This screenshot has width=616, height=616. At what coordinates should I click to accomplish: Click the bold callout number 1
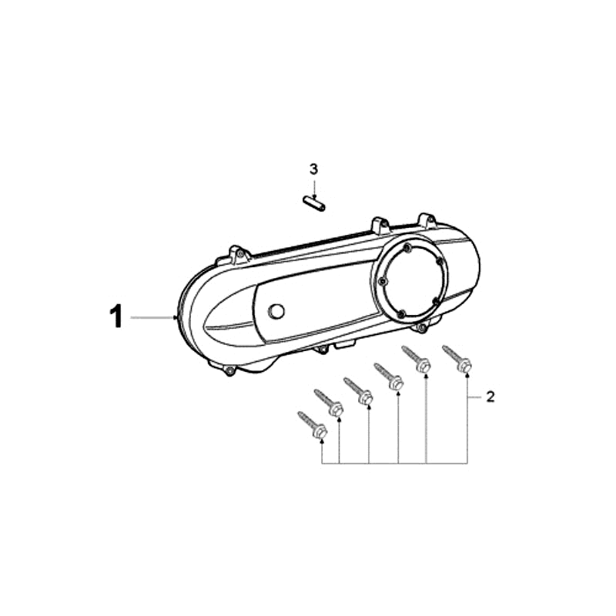[x=116, y=317]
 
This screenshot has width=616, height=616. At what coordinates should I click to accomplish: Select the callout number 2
[x=490, y=397]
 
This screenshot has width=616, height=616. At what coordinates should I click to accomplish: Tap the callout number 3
[x=313, y=169]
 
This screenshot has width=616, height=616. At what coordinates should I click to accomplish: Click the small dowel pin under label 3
[x=314, y=203]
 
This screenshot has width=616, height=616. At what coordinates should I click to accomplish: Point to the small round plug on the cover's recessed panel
[x=276, y=312]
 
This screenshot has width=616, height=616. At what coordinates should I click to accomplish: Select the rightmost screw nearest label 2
[x=457, y=358]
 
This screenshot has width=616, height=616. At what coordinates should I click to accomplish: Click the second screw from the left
[x=329, y=403]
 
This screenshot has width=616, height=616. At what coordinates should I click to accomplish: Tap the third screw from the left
[x=358, y=390]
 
